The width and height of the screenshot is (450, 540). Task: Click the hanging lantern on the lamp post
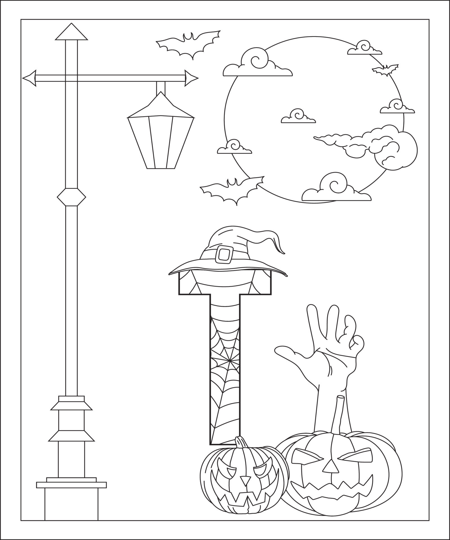click(161, 132)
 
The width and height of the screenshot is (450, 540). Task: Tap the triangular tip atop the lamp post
click(71, 32)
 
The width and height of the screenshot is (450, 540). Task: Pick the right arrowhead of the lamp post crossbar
click(192, 78)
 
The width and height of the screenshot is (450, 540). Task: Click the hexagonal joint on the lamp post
click(71, 197)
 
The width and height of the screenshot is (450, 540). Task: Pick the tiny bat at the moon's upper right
click(385, 70)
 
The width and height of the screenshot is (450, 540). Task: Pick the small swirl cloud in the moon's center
click(298, 116)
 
